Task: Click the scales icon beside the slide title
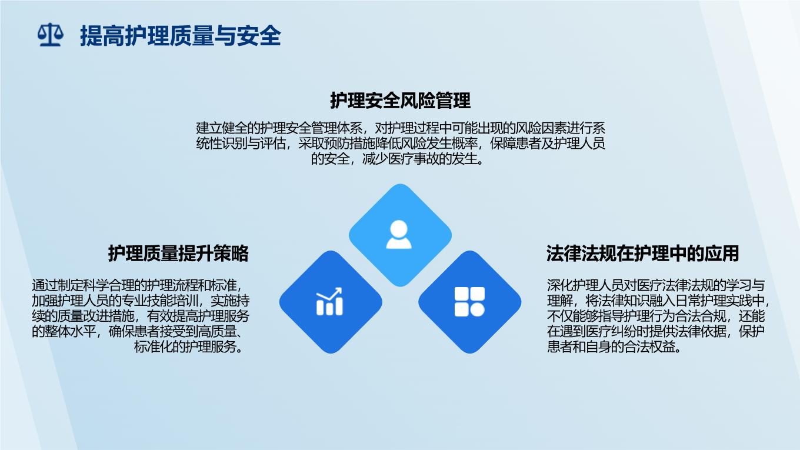[51, 35]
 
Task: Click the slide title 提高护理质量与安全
[181, 36]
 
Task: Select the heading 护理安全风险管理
[401, 101]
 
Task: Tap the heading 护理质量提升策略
[178, 254]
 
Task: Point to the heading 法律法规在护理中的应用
[642, 254]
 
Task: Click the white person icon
[399, 234]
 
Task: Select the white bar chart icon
[329, 302]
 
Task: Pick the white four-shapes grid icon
[469, 302]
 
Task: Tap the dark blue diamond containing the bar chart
[331, 302]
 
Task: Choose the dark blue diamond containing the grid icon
[469, 302]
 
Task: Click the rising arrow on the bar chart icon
[329, 294]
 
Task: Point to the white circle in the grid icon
[478, 310]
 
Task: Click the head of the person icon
[399, 229]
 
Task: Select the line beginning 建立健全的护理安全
[401, 128]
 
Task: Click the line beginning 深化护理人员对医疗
[656, 286]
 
